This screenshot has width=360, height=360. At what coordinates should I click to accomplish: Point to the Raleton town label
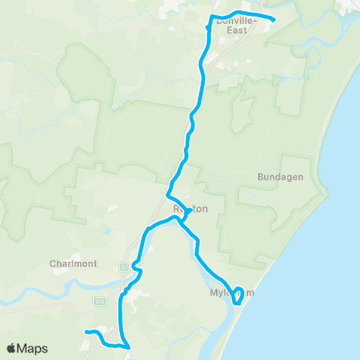[189, 209]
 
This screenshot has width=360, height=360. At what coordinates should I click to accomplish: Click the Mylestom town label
[232, 293]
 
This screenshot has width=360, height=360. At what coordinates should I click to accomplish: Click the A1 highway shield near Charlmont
[124, 267]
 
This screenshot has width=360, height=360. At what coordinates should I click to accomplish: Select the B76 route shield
[98, 301]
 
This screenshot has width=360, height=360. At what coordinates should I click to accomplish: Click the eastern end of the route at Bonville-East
[273, 19]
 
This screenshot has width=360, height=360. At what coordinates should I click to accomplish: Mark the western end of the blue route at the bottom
[87, 331]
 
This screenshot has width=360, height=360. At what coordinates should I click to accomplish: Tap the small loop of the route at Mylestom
[238, 295]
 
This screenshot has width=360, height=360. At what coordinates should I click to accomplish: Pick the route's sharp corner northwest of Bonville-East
[211, 16]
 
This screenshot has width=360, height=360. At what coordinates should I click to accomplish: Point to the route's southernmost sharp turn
[129, 347]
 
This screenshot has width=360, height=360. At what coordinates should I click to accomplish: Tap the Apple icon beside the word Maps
[10, 348]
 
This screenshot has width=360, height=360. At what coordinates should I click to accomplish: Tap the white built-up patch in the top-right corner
[348, 7]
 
